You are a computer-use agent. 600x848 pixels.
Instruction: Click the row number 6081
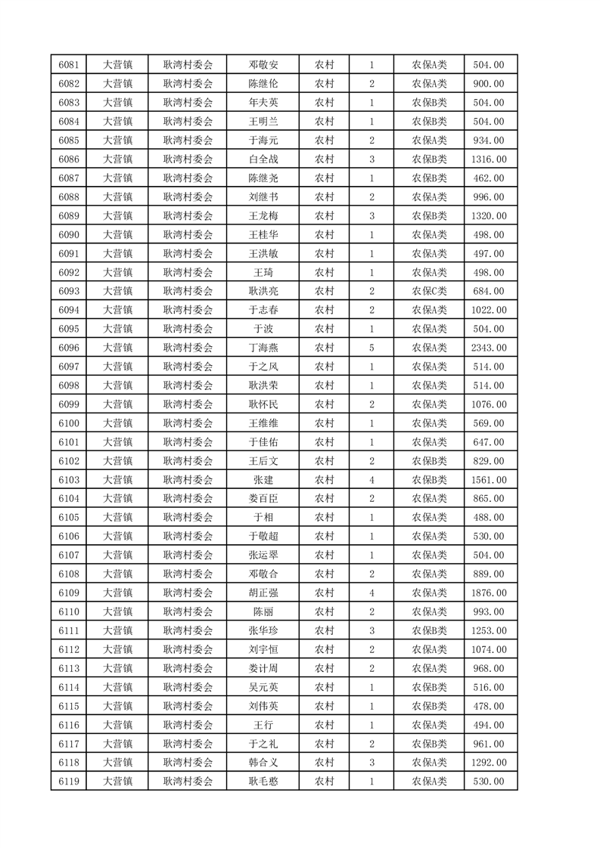(69, 65)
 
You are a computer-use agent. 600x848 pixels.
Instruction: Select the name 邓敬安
(263, 65)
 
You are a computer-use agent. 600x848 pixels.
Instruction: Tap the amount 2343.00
(488, 348)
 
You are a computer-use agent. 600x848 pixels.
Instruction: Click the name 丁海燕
(263, 348)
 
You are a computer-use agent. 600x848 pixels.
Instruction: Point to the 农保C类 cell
(429, 291)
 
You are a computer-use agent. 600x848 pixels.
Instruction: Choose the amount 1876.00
(488, 593)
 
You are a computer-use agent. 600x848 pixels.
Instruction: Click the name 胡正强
(263, 593)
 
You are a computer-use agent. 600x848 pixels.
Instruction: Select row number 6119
(69, 781)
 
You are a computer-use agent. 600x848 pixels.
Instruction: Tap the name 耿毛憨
(263, 781)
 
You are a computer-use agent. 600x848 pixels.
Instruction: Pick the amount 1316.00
(488, 159)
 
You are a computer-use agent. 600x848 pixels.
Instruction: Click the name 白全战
(263, 159)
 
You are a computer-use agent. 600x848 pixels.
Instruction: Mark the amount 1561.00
(488, 480)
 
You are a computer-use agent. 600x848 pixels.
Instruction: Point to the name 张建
(263, 480)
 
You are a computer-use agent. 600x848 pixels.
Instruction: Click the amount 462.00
(488, 178)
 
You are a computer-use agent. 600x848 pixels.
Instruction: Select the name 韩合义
(263, 763)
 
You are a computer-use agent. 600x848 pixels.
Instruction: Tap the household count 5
(372, 348)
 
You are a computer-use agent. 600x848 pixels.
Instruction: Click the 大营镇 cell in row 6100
(117, 423)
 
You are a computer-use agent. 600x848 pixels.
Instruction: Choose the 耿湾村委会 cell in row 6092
(188, 272)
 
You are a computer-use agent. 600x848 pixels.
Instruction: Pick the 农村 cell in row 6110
(324, 611)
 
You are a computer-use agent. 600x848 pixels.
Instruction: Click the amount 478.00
(488, 706)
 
